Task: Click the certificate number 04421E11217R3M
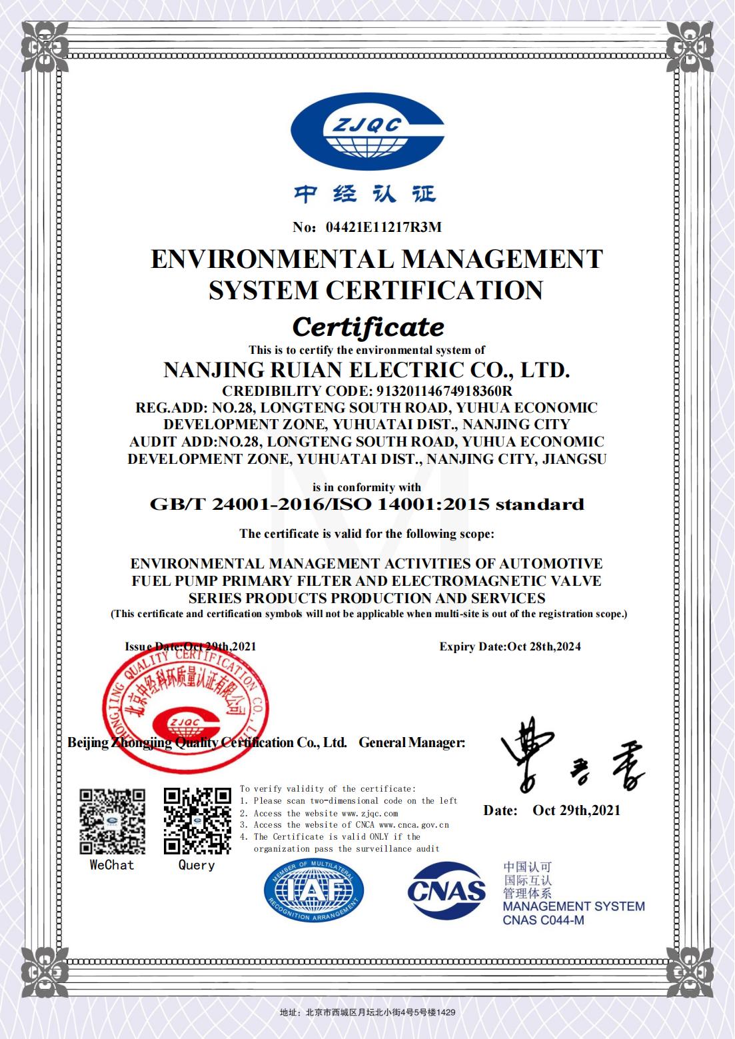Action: tap(383, 227)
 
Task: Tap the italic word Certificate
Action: tap(368, 327)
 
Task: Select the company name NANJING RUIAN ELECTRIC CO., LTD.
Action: tap(367, 370)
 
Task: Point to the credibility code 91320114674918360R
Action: tap(435, 391)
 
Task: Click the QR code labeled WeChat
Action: tap(112, 821)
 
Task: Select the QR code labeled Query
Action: tap(197, 821)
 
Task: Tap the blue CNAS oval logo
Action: tap(446, 891)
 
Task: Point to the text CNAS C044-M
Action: tap(543, 921)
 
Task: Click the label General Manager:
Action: tap(412, 742)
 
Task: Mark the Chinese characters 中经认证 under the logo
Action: tap(365, 194)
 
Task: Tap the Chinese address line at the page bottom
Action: tap(367, 1012)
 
